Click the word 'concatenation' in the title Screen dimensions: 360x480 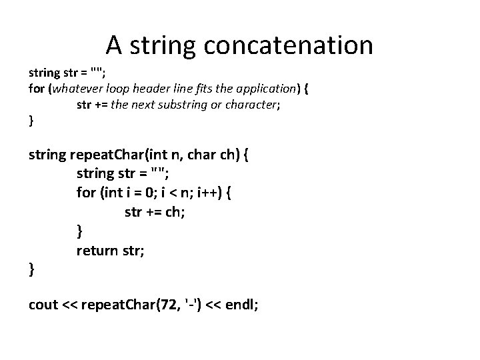(288, 45)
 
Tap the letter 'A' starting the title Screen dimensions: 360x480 (113, 45)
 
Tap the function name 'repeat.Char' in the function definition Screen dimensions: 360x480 (109, 156)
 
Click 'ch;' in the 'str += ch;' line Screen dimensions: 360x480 (176, 212)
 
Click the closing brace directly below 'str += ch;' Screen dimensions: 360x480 (80, 231)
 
